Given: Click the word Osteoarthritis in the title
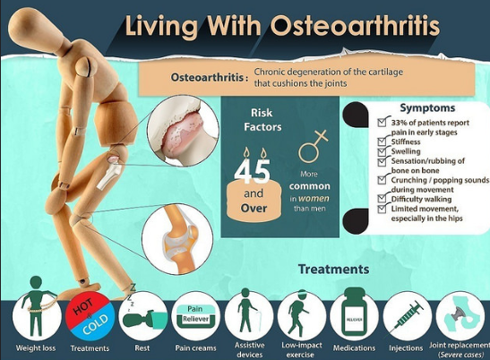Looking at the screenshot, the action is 355,25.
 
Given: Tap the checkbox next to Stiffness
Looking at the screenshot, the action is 382,142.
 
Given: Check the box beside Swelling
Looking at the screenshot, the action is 382,152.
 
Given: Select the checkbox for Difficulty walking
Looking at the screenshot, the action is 382,199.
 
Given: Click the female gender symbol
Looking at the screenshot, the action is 313,146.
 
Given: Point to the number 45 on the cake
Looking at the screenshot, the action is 253,171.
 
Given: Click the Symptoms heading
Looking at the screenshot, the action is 427,108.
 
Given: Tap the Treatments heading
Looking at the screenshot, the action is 334,270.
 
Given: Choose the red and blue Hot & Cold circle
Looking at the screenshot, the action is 90,316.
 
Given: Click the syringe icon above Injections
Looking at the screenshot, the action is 408,316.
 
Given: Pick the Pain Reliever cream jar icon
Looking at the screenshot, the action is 195,316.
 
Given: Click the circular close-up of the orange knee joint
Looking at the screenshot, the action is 177,239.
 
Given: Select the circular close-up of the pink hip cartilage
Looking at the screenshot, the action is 183,132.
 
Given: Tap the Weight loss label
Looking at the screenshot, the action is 36,348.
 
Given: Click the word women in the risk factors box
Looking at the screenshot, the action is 314,199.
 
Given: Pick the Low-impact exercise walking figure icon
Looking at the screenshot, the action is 299,313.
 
